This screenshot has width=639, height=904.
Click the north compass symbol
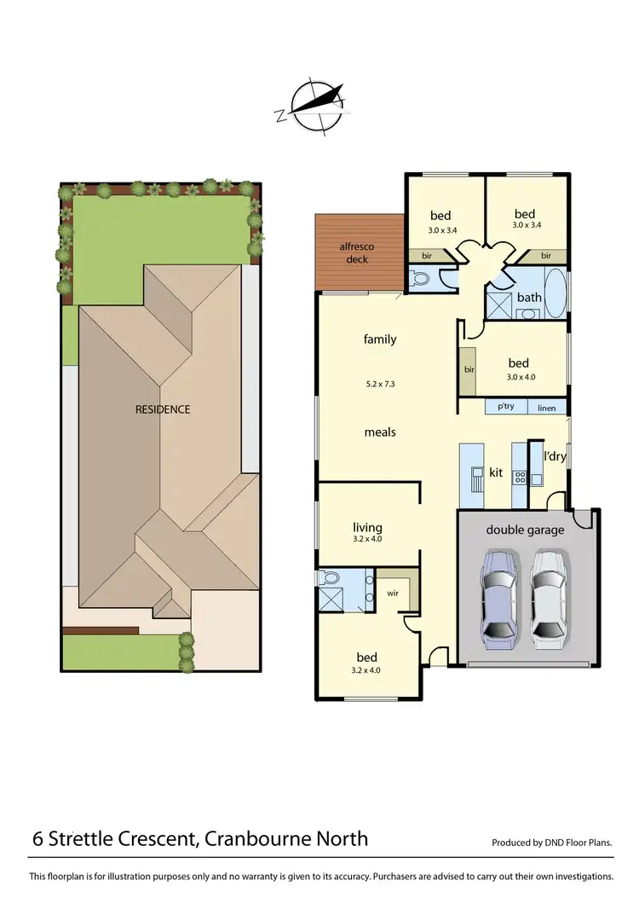314,106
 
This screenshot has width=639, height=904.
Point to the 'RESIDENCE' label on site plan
163,409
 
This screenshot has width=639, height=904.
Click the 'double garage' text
525,530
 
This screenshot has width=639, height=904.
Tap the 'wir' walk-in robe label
394,591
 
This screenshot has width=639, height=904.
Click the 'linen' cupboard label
546,409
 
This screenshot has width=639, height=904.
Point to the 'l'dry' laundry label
555,456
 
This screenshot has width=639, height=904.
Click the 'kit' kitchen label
496,472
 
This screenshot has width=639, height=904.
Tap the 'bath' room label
529,297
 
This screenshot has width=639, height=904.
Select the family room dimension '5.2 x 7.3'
380,384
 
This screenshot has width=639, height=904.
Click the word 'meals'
380,432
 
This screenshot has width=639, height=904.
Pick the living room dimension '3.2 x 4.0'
367,539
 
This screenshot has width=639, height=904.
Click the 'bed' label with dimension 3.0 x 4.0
518,363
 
